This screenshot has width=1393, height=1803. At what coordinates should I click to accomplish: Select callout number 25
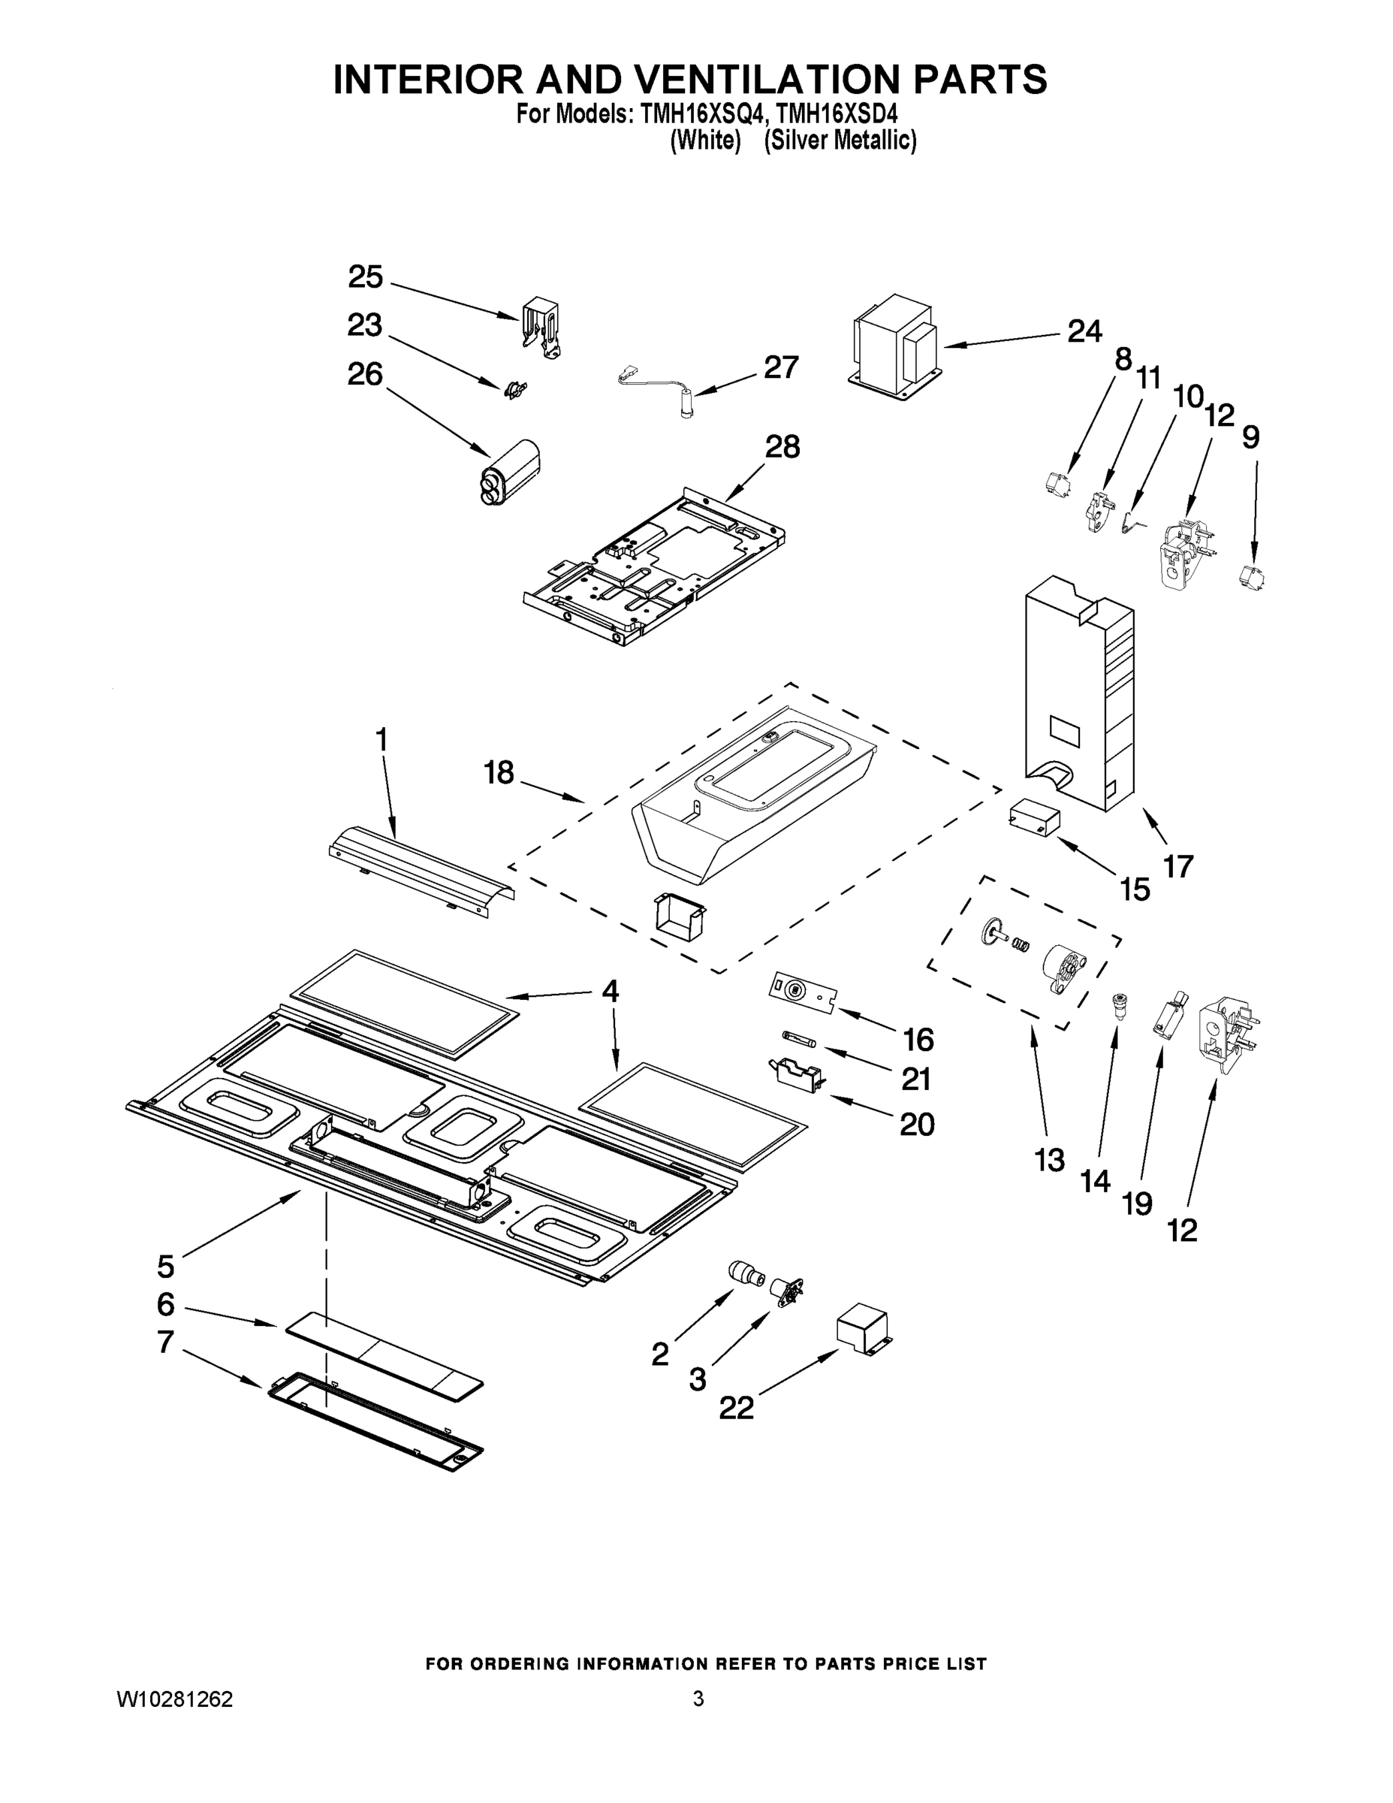(x=365, y=277)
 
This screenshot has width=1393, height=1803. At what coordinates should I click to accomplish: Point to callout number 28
(x=782, y=447)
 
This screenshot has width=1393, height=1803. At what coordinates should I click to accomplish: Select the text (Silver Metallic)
(x=840, y=141)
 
